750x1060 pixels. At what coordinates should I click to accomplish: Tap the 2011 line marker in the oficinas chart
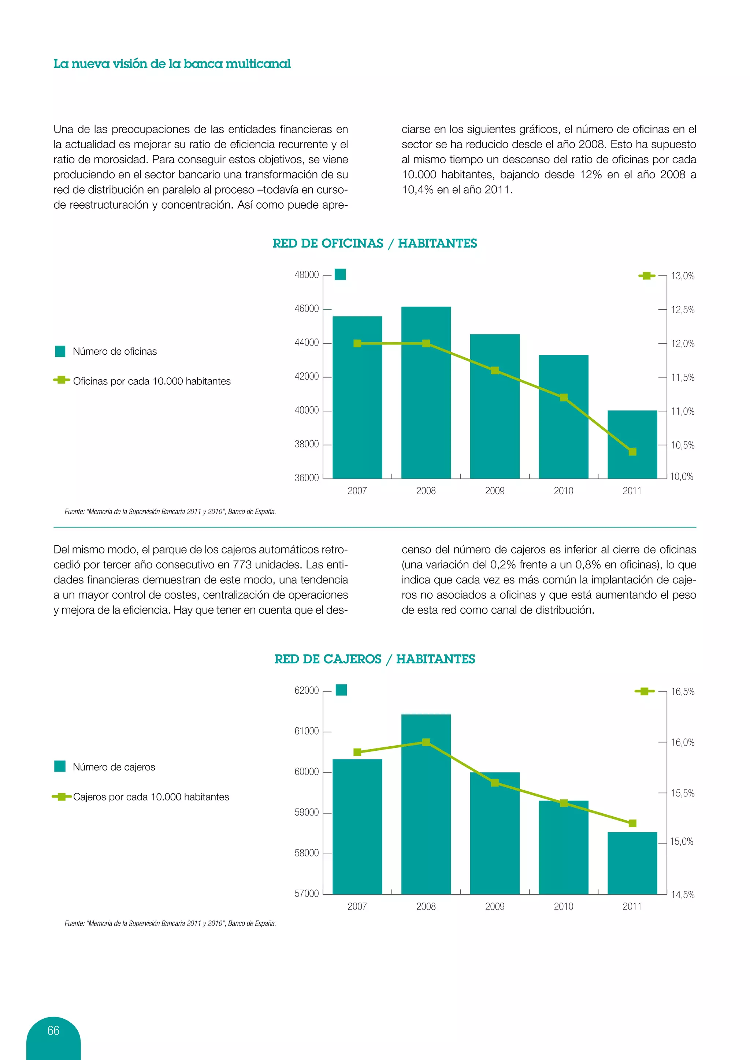632,452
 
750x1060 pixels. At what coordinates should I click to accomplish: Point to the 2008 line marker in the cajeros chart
426,742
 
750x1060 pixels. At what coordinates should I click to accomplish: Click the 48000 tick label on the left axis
307,275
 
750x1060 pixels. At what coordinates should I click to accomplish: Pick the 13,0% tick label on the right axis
683,276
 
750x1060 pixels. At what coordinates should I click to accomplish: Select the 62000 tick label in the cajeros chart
307,690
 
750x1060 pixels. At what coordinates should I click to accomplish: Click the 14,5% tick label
683,894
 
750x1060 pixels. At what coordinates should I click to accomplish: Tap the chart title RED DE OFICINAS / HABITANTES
375,243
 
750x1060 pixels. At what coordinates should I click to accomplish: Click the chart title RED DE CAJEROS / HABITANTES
375,659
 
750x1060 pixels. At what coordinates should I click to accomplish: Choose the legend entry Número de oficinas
115,351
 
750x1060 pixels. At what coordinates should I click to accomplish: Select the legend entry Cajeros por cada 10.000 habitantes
151,797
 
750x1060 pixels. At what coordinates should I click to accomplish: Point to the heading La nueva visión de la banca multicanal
172,64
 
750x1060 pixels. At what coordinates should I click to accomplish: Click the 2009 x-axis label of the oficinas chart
495,491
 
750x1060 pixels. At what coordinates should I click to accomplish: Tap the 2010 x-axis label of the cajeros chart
564,906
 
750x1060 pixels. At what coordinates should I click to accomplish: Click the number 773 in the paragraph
242,565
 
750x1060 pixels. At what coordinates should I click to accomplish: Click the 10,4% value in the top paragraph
417,190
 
